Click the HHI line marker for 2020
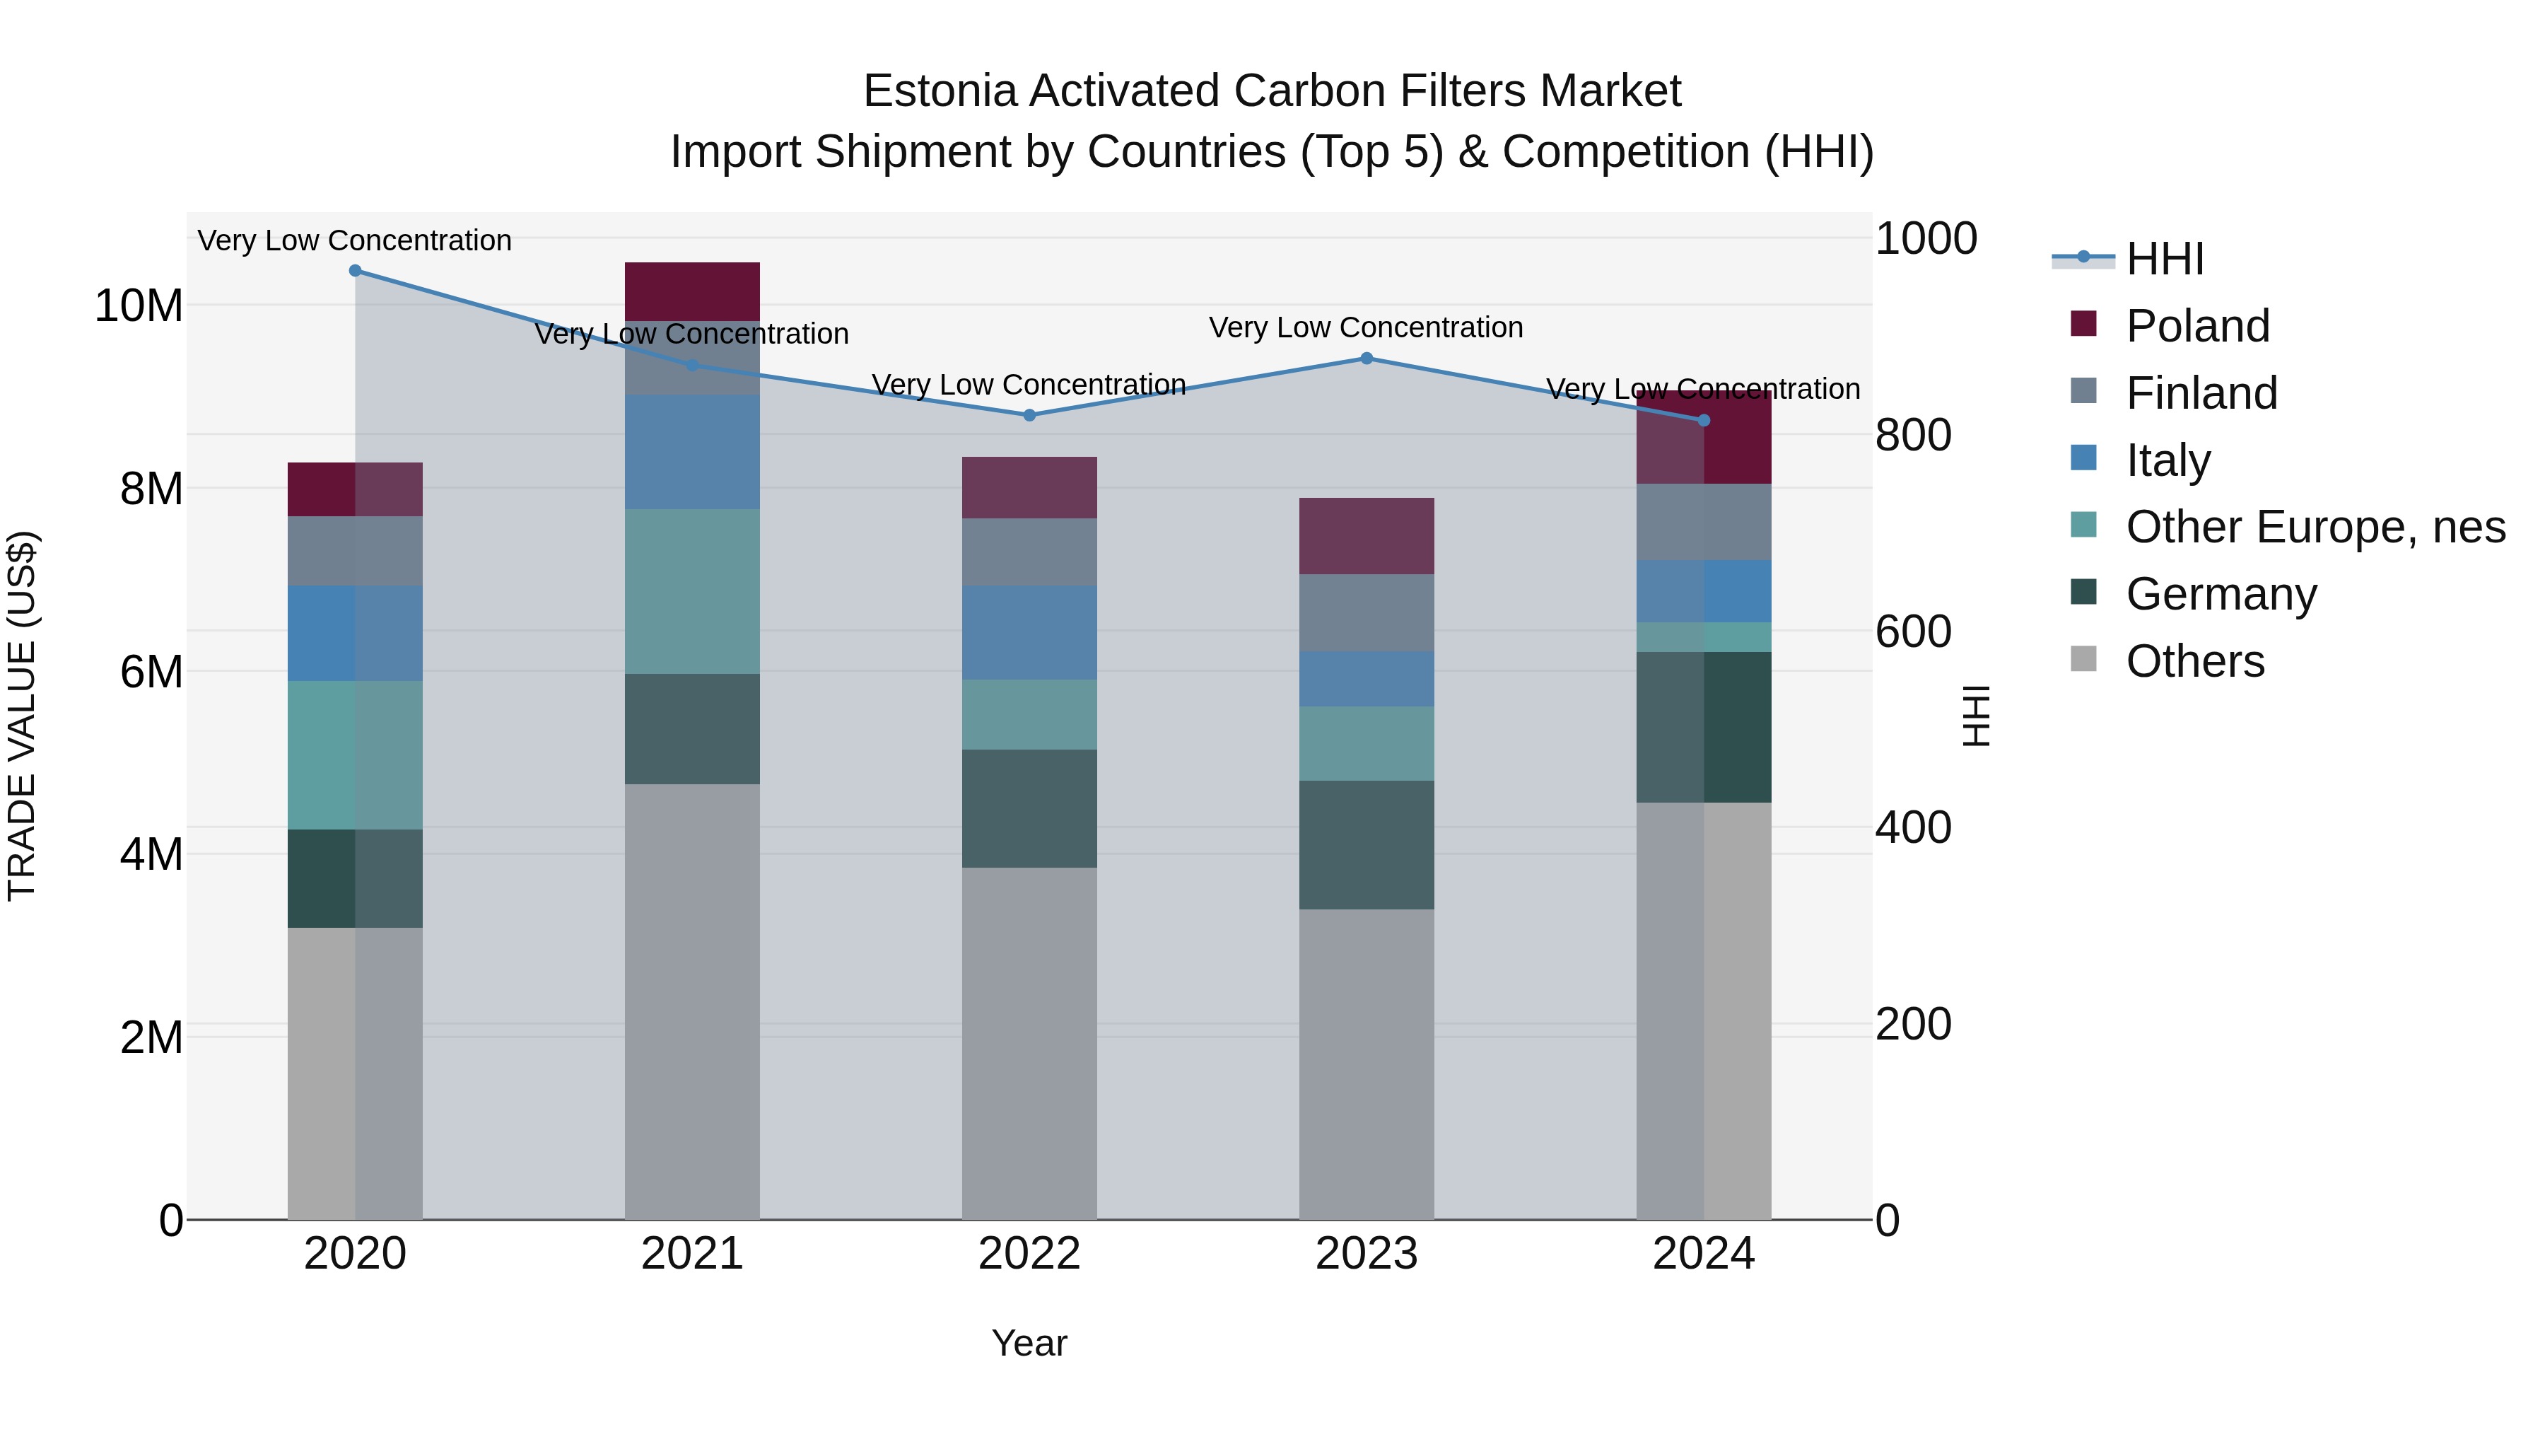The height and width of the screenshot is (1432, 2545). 355,271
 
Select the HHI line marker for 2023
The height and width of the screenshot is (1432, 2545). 1367,359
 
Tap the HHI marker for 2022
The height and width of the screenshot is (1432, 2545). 1029,415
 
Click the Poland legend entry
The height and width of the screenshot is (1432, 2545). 2197,326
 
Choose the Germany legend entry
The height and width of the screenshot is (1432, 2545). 2221,594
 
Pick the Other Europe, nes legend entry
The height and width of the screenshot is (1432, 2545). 2315,527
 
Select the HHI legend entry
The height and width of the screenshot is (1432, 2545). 2164,259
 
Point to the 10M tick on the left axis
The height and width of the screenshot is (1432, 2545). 139,306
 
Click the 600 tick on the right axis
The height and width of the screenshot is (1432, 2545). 1914,631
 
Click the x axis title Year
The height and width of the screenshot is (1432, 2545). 1029,1343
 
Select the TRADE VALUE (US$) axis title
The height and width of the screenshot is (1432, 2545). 22,716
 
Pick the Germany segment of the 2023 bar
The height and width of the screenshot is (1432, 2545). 1367,845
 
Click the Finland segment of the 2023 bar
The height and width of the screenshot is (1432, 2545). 1367,612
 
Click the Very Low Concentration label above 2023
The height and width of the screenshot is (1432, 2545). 1367,327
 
